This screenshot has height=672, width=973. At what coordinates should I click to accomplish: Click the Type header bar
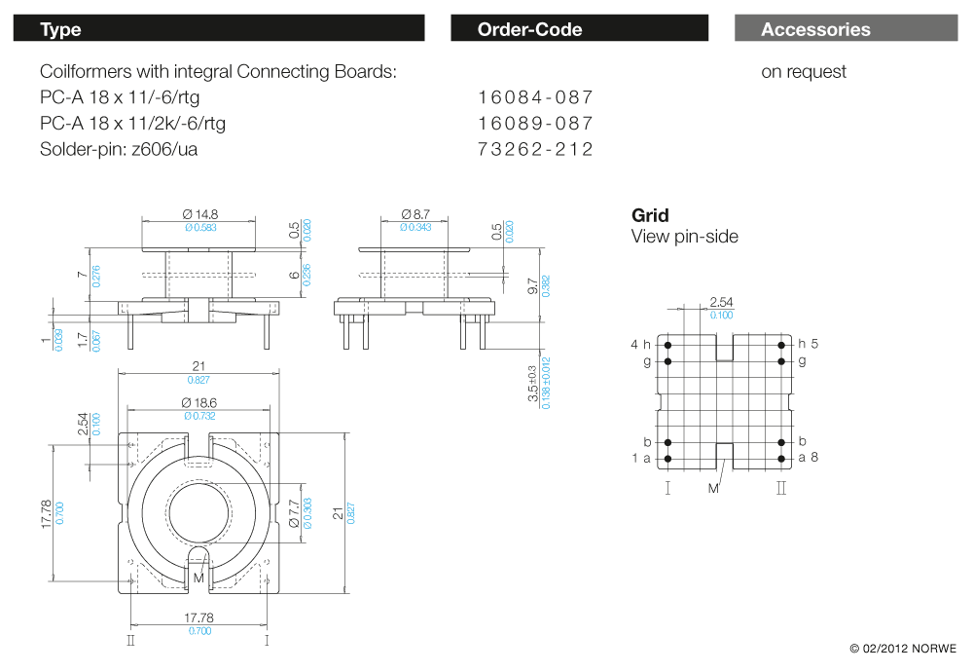[x=219, y=29]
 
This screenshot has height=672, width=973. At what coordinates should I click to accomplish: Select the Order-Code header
[x=579, y=29]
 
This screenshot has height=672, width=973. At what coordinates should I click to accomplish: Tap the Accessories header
[x=846, y=29]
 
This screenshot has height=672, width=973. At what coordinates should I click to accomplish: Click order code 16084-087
[x=535, y=97]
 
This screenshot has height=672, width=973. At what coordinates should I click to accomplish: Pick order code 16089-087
[x=535, y=124]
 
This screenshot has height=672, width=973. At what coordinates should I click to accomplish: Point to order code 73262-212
[x=535, y=149]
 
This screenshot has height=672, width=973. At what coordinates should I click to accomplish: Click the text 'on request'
[x=804, y=71]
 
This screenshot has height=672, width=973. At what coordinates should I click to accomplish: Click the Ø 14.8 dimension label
[x=199, y=214]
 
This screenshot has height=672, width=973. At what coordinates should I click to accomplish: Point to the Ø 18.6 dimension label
[x=199, y=402]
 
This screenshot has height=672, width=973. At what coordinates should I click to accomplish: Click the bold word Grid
[x=650, y=215]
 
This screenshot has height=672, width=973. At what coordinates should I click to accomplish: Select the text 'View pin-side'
[x=684, y=237]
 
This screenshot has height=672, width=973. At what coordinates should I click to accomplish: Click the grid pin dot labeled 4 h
[x=667, y=344]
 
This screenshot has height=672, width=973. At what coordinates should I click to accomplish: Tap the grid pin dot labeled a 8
[x=781, y=458]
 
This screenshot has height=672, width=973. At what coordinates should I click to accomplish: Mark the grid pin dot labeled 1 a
[x=667, y=458]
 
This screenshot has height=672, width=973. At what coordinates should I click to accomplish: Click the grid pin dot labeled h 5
[x=781, y=344]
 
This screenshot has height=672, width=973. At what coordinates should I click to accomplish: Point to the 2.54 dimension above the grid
[x=721, y=302]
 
